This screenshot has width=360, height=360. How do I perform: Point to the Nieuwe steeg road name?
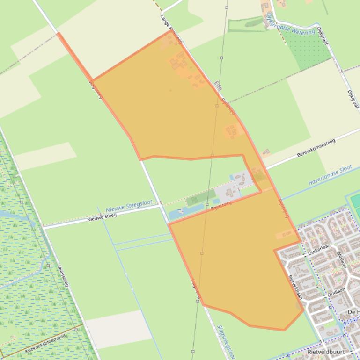click(102, 217)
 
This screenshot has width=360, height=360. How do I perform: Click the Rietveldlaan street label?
click(295, 286)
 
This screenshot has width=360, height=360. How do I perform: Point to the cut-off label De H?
click(353, 312)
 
